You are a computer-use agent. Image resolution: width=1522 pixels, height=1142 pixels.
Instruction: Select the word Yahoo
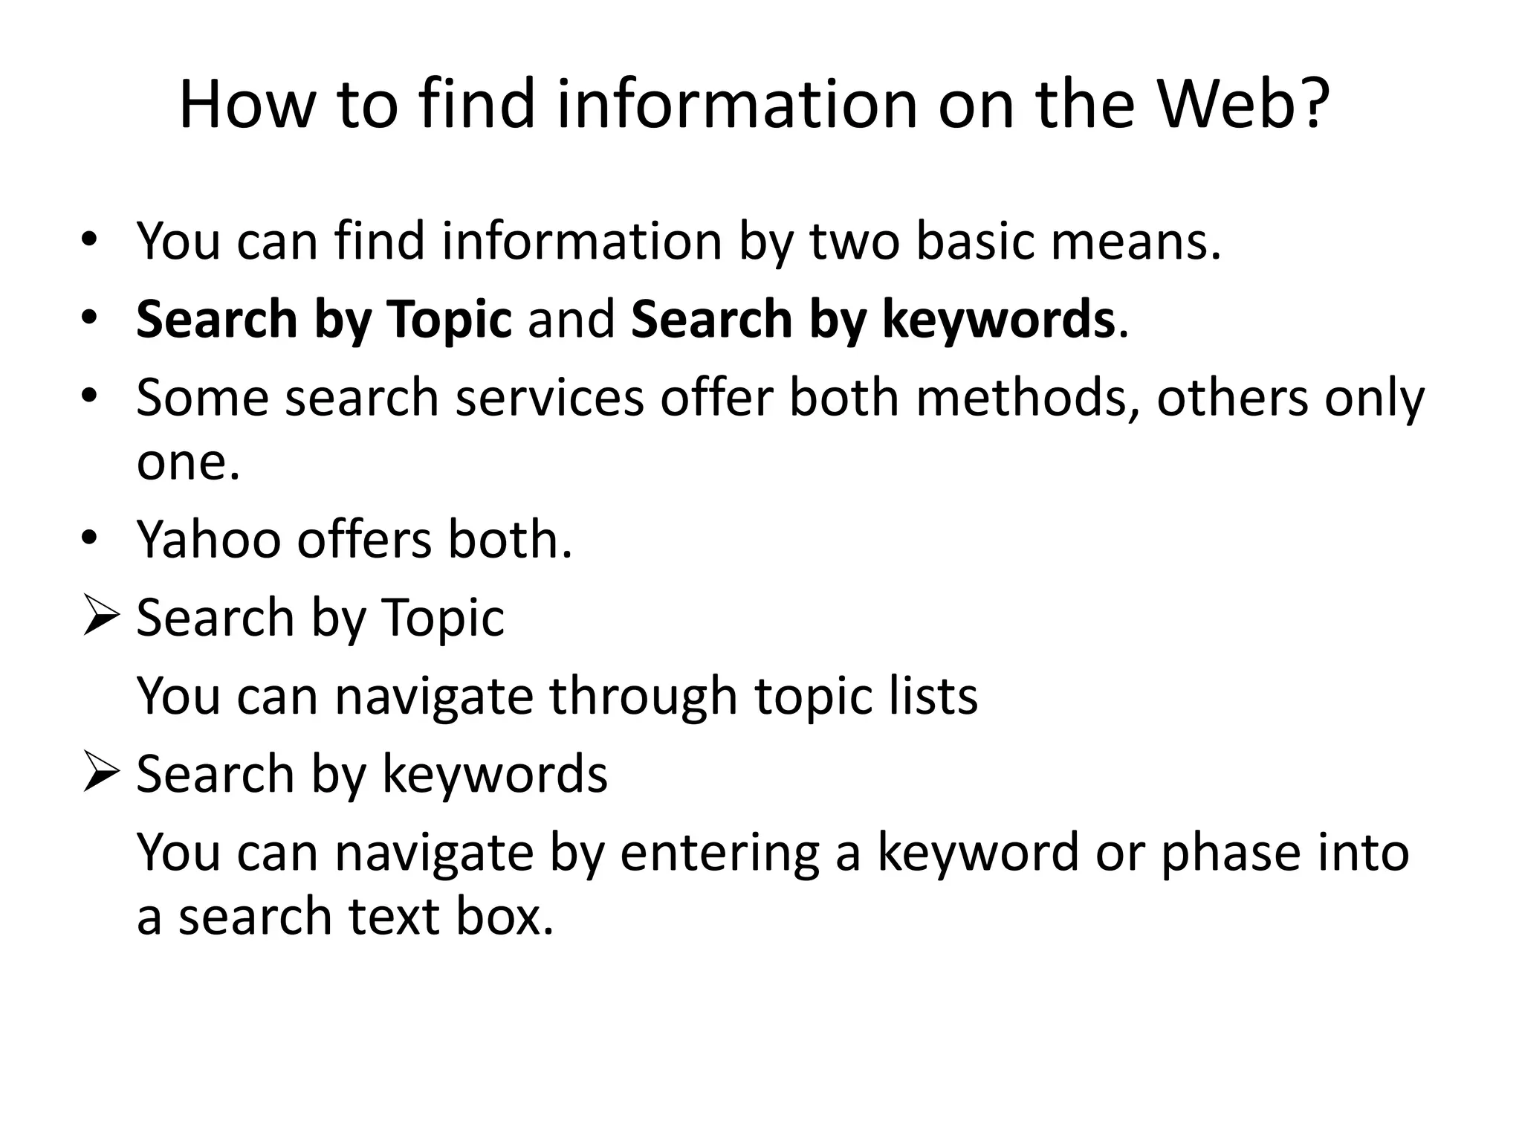209,539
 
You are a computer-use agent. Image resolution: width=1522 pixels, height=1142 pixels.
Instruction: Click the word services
549,398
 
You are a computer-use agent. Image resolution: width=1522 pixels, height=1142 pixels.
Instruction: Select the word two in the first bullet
854,242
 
